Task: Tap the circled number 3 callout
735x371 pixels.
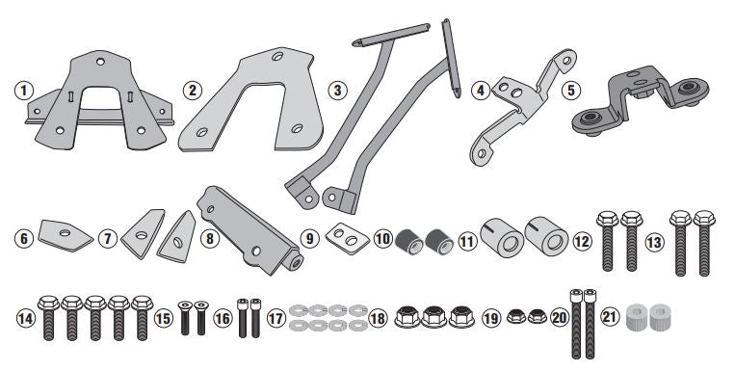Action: click(x=335, y=92)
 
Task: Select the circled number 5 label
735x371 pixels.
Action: click(x=571, y=92)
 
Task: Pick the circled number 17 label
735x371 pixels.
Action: click(x=276, y=317)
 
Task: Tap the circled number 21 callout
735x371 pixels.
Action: click(x=609, y=317)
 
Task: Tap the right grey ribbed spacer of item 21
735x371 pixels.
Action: click(x=662, y=316)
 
